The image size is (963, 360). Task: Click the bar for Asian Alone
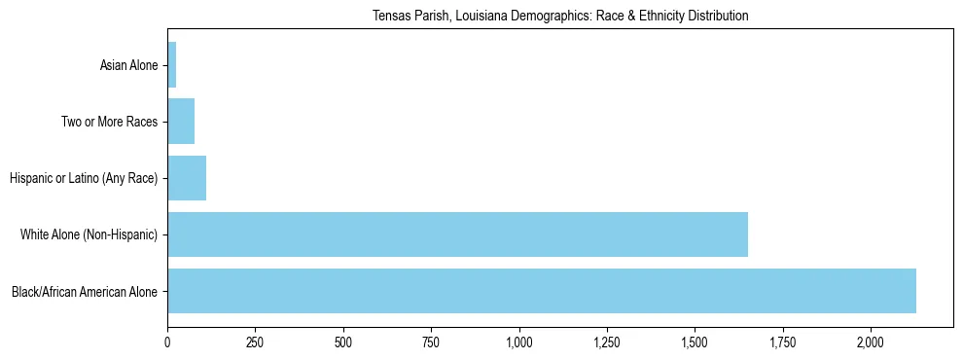(x=172, y=65)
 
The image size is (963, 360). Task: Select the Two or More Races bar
(x=181, y=122)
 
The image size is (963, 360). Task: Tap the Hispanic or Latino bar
(x=187, y=178)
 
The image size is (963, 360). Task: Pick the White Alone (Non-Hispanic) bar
(x=457, y=234)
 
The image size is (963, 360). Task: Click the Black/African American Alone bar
(x=542, y=291)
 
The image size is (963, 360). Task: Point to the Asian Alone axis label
(x=128, y=65)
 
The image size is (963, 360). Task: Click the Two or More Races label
(x=109, y=122)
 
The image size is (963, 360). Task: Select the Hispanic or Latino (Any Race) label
(x=83, y=178)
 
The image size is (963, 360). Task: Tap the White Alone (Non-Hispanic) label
(x=89, y=234)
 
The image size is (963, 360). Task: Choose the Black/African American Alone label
(x=85, y=291)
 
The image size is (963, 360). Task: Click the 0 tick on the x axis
(x=167, y=342)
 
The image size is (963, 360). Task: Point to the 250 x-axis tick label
(x=255, y=342)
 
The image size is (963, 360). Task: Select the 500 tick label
(x=343, y=342)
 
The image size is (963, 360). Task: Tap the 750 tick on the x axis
(x=431, y=342)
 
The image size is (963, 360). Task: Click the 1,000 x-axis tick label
(x=518, y=342)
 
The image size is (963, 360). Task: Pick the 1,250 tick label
(x=607, y=342)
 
